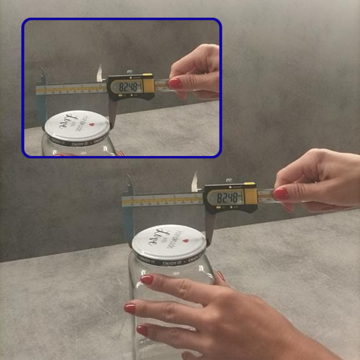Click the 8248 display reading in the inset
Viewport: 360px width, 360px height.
tap(130, 87)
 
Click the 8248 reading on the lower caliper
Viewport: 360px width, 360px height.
tap(227, 197)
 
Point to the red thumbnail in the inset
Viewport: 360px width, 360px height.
tap(175, 84)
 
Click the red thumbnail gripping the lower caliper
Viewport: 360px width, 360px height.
tap(281, 194)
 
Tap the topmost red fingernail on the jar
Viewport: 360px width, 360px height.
tap(147, 279)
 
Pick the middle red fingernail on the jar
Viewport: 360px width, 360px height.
tap(130, 308)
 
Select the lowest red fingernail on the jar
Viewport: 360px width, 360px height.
tap(142, 330)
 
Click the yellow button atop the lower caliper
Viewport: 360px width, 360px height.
tap(249, 183)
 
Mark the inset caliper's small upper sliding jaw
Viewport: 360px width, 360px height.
tap(99, 73)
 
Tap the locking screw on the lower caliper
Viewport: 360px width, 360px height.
tap(229, 181)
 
